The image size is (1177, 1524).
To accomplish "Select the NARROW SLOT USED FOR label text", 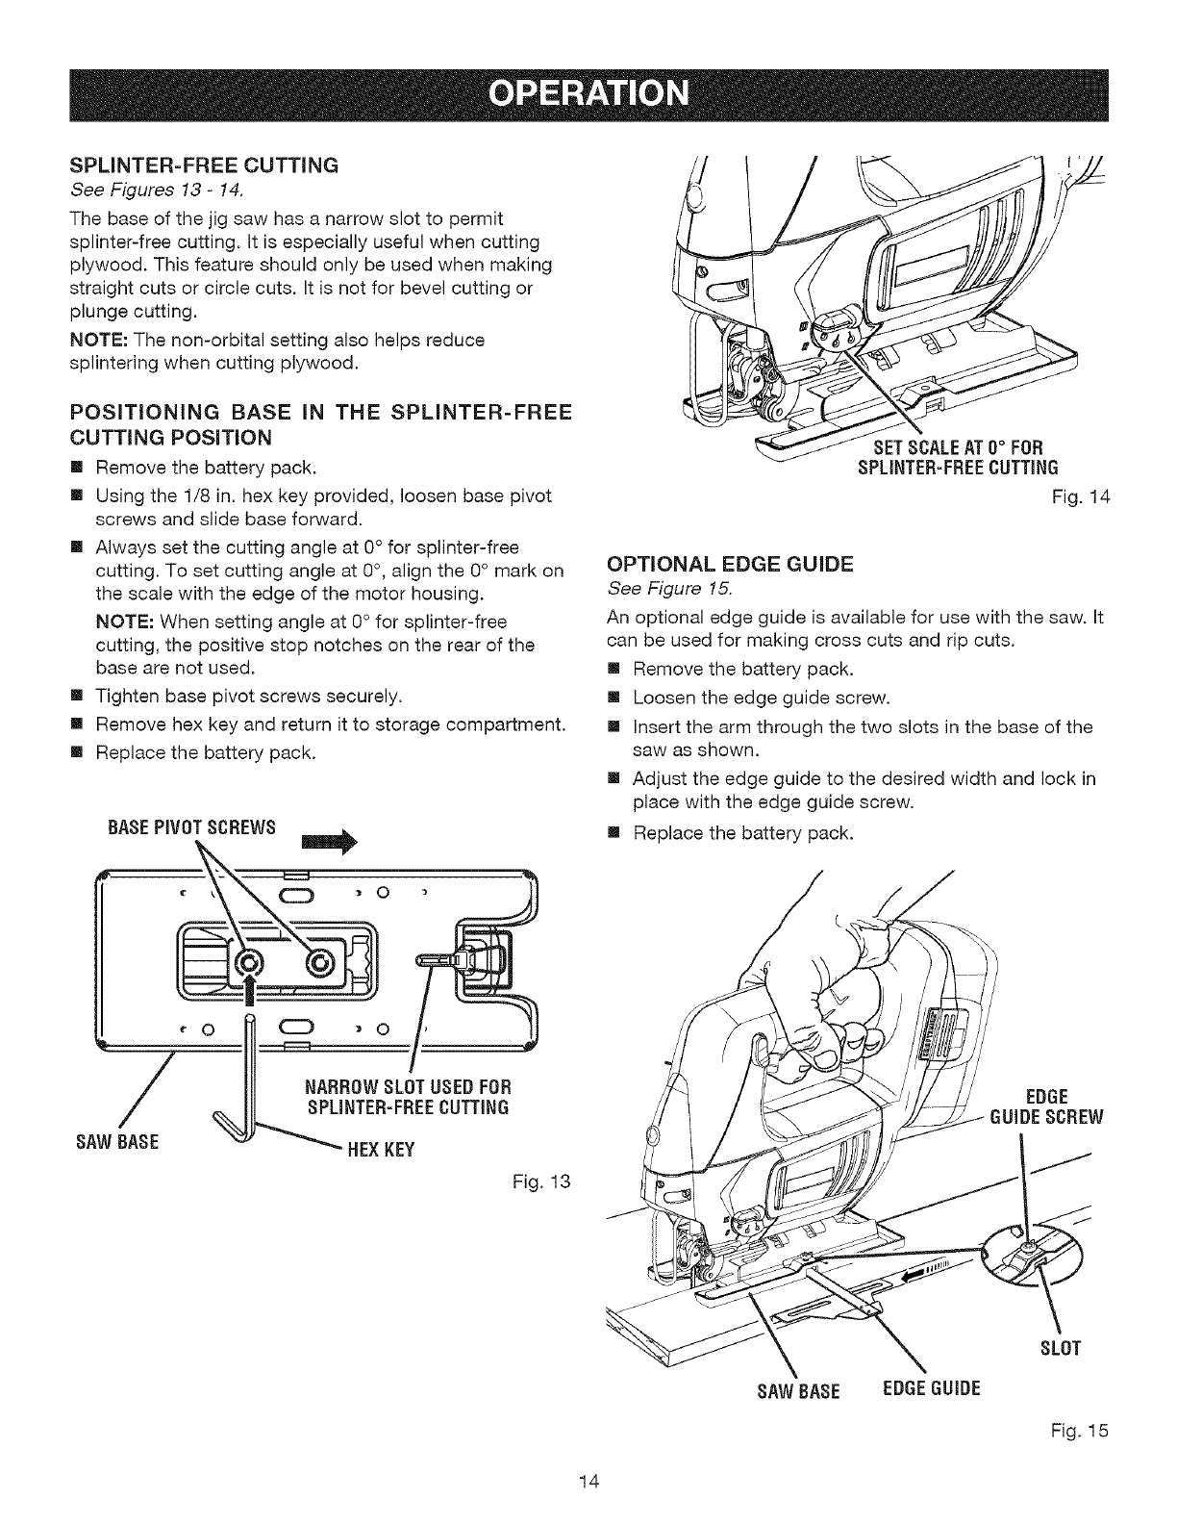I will pyautogui.click(x=407, y=1087).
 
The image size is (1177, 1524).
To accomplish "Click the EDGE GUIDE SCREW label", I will pyautogui.click(x=1049, y=1106).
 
